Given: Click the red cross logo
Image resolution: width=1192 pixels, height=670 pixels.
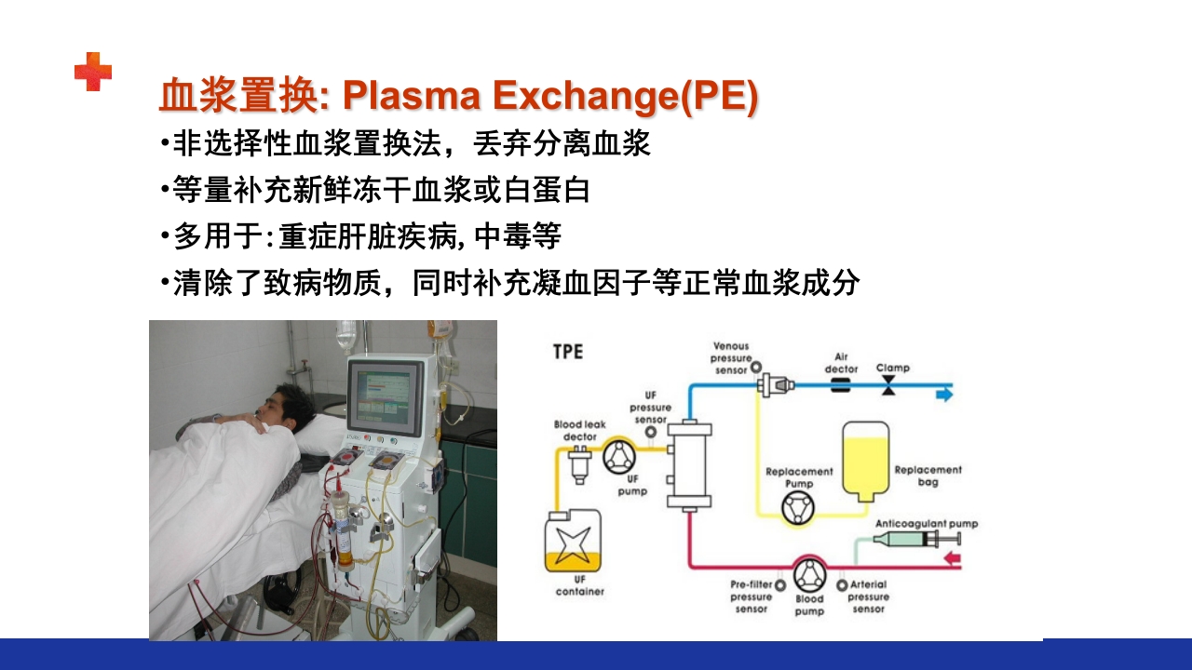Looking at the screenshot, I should pos(93,72).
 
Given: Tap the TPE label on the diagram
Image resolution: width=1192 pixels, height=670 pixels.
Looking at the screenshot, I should pos(568,353).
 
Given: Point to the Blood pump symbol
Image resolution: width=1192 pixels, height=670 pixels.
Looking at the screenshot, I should pos(809,575).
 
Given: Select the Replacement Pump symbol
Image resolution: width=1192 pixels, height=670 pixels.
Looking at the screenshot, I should pos(798,509).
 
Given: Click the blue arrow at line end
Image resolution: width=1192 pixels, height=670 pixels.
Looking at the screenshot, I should pos(944,395).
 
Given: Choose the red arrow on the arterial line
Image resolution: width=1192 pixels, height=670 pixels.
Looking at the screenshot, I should pos(952,559).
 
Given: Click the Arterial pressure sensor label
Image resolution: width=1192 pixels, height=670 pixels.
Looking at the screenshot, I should pos(868,596).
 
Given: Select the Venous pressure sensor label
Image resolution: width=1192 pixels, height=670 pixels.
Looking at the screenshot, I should pos(730,357).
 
